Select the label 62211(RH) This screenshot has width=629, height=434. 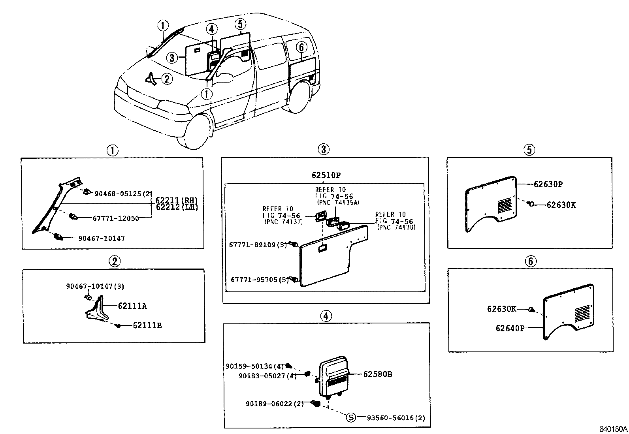click(x=177, y=200)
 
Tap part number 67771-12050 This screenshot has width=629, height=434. click(x=116, y=218)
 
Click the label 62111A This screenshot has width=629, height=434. click(x=132, y=306)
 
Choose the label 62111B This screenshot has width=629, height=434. click(x=147, y=326)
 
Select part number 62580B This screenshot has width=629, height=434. click(x=378, y=374)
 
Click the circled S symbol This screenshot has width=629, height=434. click(x=351, y=418)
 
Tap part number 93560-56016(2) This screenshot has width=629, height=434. click(x=396, y=418)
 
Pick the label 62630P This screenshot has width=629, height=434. click(x=548, y=184)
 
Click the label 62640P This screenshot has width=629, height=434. click(x=510, y=328)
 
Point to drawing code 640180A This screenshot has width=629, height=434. click(x=613, y=428)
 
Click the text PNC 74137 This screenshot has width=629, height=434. click(x=283, y=222)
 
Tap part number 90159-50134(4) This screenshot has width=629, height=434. click(x=255, y=366)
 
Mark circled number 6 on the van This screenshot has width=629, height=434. click(x=301, y=48)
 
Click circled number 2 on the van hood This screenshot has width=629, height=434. click(x=167, y=79)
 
